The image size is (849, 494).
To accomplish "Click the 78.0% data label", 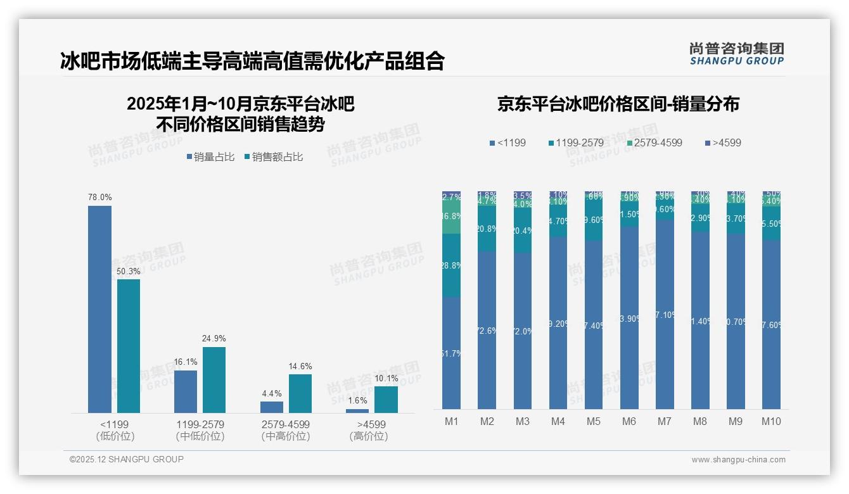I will click(99, 198).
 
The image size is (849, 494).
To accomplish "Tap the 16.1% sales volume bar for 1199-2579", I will click(186, 391).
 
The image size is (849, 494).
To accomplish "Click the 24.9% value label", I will click(214, 338).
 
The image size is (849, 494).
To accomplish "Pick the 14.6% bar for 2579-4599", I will click(300, 393).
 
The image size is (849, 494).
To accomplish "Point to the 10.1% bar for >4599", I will click(386, 400).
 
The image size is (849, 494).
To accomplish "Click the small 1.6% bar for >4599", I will click(357, 411).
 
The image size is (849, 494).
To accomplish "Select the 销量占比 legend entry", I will click(212, 157).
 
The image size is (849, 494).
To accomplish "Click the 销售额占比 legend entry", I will click(273, 157).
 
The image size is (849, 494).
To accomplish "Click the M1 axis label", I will click(451, 422).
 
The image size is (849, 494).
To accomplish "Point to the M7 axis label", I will click(665, 422).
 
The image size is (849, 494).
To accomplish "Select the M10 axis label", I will click(771, 422).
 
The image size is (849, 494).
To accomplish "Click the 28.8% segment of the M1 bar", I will click(451, 266).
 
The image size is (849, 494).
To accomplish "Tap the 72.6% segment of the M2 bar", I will click(487, 330).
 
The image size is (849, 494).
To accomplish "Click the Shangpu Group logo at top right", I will click(736, 53).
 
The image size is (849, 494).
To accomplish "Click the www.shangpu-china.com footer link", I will click(738, 460).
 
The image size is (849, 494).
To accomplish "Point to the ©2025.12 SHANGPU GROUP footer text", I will click(127, 459).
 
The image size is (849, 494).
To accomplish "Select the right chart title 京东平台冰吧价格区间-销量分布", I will click(618, 104).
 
